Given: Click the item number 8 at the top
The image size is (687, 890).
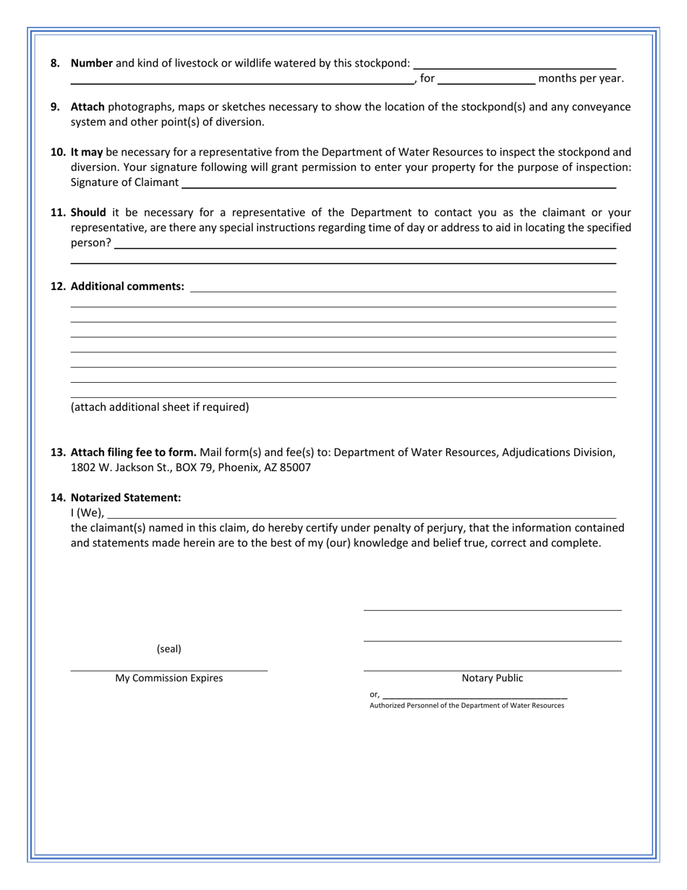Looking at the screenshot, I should [x=56, y=63].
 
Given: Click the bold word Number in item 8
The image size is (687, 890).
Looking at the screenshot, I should [x=92, y=63].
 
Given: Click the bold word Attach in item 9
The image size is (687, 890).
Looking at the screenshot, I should [x=88, y=107].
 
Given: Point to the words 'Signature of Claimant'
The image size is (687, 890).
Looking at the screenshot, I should [x=124, y=182].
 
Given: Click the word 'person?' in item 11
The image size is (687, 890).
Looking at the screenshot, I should [x=91, y=243].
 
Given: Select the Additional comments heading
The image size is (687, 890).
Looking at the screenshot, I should [x=127, y=287].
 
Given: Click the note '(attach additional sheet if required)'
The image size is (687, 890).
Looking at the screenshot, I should [x=159, y=407].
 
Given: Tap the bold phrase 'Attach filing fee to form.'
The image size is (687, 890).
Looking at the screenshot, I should [x=133, y=453].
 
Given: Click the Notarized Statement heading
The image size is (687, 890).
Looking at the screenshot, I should [x=125, y=498].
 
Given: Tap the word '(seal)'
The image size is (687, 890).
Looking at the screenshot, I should [x=169, y=649].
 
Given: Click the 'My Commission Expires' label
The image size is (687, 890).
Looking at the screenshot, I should [x=169, y=679].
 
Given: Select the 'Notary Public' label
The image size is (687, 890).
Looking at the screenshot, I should [x=492, y=679].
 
